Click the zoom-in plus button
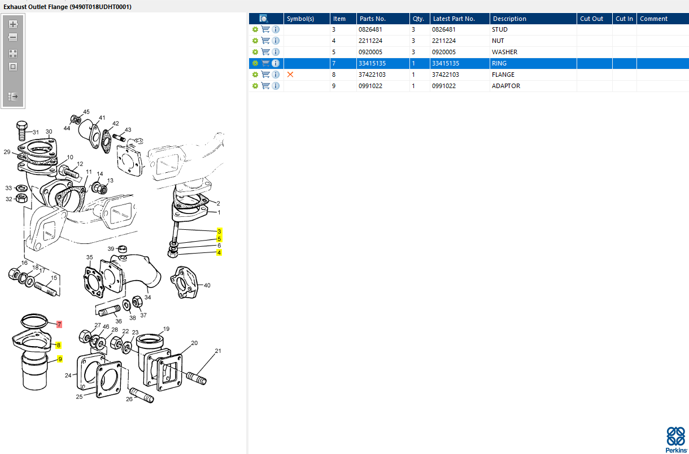click(x=13, y=24)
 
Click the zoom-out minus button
click(x=13, y=37)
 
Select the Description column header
click(x=509, y=19)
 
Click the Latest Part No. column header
click(x=453, y=19)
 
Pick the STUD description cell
click(x=499, y=29)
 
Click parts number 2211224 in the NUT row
click(x=370, y=41)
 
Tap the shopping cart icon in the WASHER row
click(x=265, y=52)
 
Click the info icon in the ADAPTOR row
click(x=276, y=86)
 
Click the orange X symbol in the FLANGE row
click(x=290, y=75)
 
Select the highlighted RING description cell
click(x=499, y=63)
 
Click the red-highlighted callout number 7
click(x=59, y=324)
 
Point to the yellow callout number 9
click(x=60, y=359)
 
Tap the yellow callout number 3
click(x=219, y=232)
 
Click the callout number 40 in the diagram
click(x=207, y=285)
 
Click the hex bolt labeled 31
click(x=22, y=131)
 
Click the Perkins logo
click(x=676, y=440)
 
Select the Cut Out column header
click(x=591, y=19)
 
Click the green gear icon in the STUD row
click(x=255, y=29)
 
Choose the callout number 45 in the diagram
click(x=86, y=112)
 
